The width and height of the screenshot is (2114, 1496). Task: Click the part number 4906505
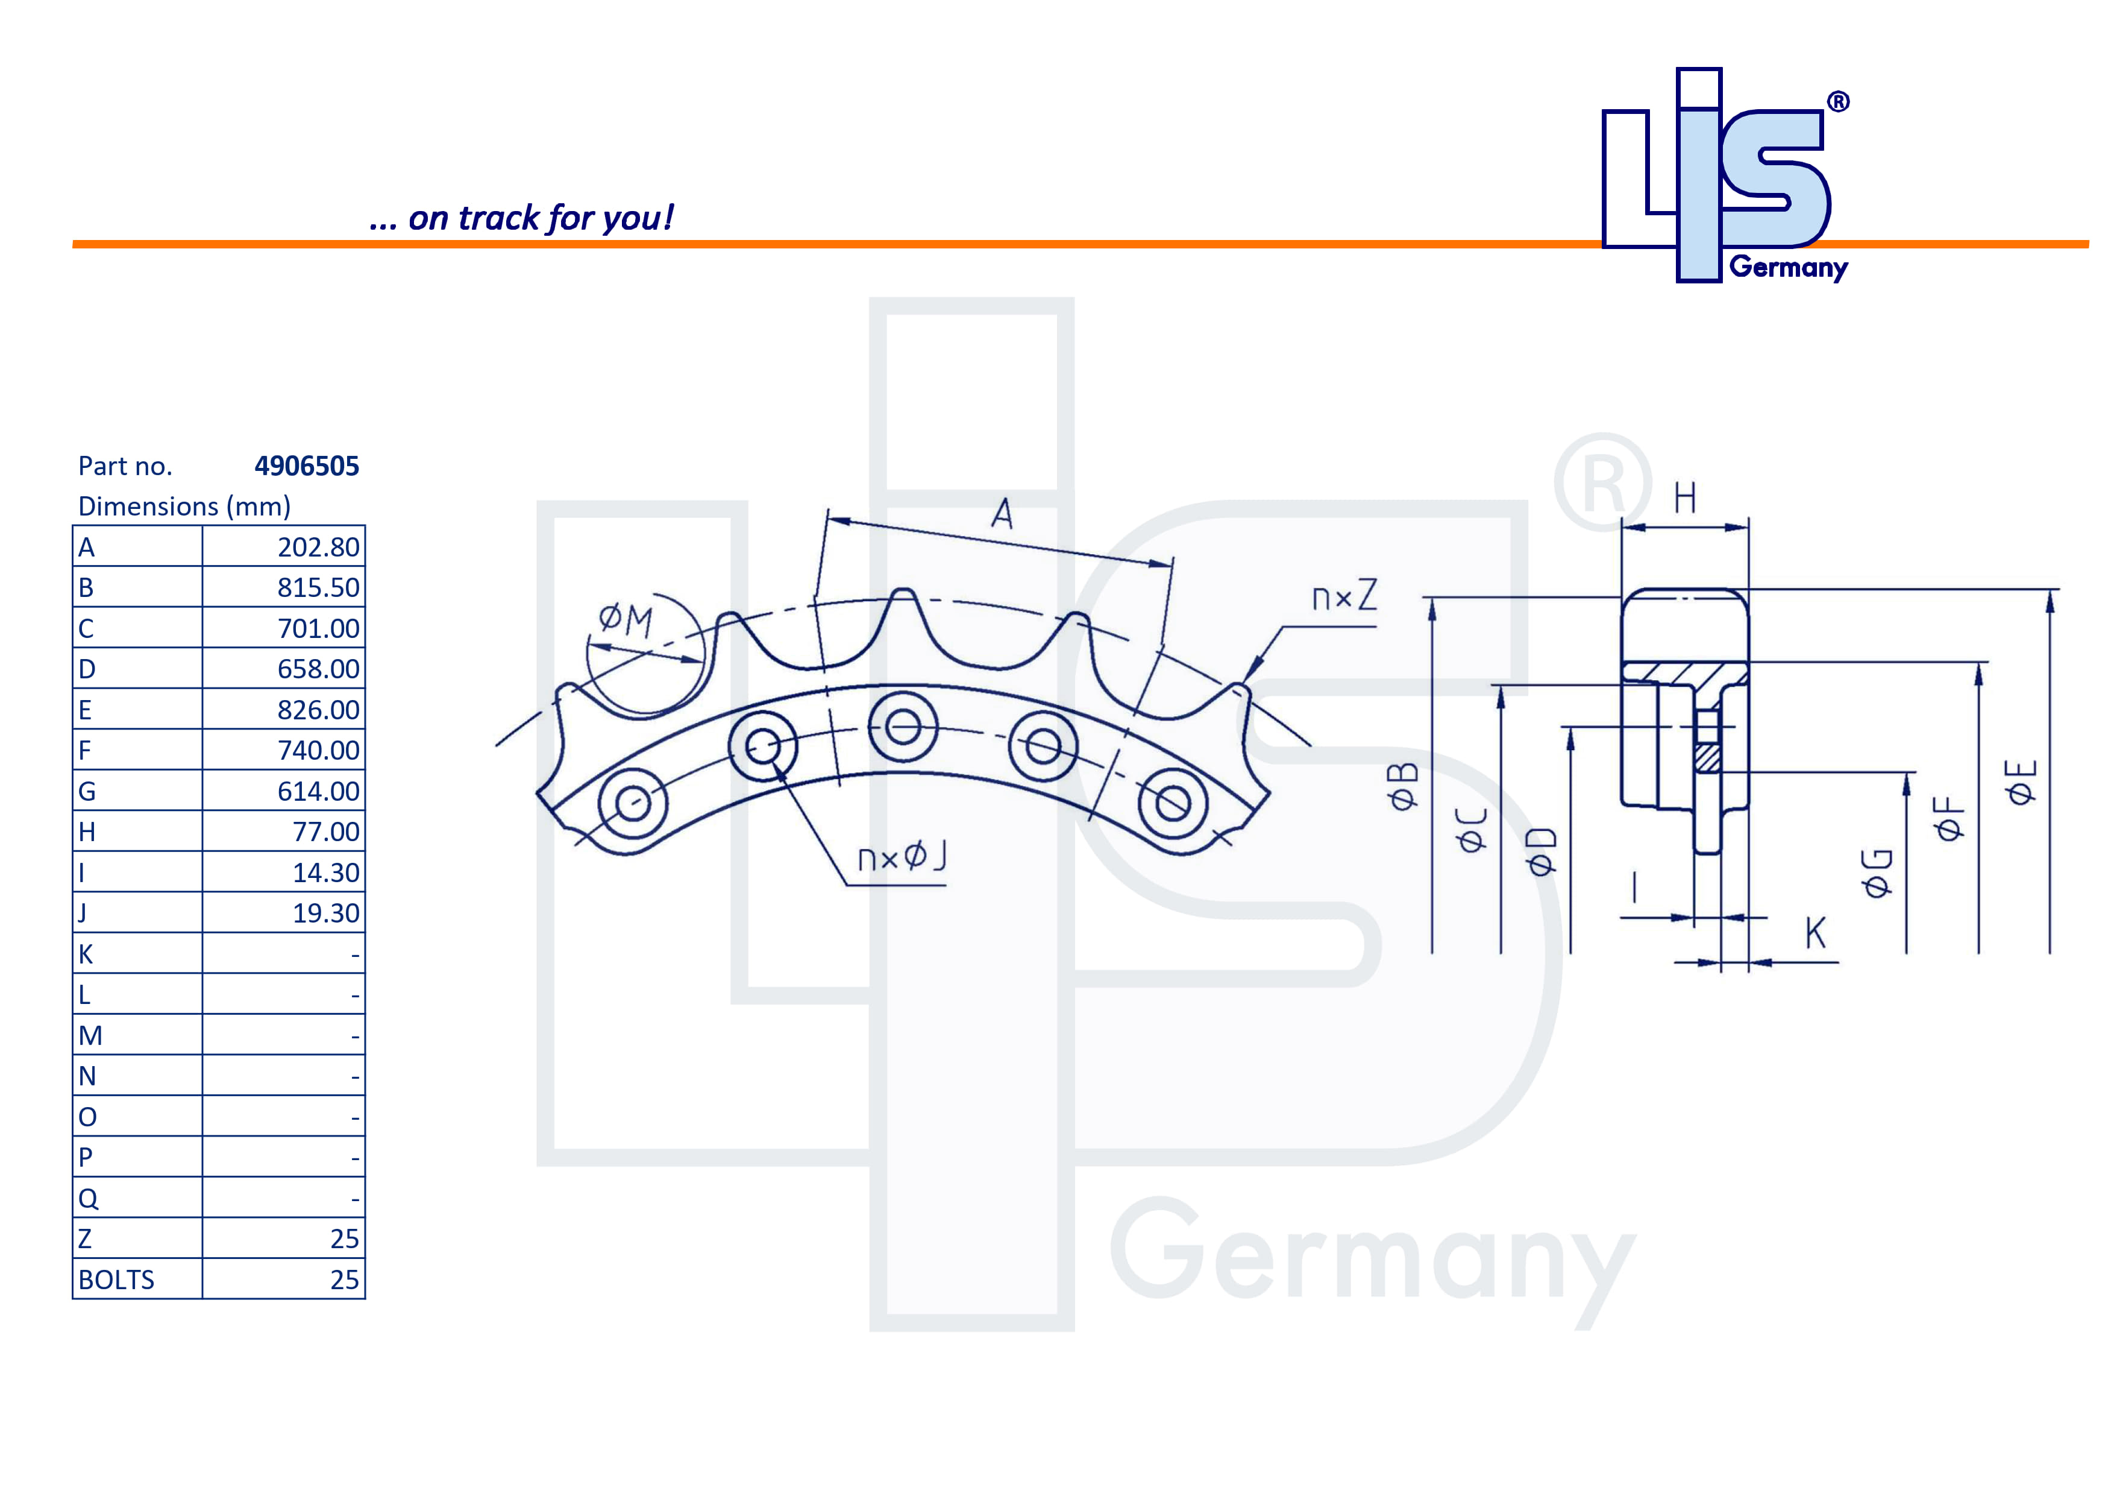pyautogui.click(x=307, y=466)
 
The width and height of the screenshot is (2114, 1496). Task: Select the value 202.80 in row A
pyautogui.click(x=318, y=547)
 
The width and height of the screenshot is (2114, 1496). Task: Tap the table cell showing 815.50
pyautogui.click(x=318, y=588)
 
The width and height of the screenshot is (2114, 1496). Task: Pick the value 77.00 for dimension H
pyautogui.click(x=325, y=832)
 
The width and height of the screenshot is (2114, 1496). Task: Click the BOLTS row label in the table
pyautogui.click(x=116, y=1280)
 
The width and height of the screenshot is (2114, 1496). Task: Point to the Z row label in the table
pyautogui.click(x=85, y=1239)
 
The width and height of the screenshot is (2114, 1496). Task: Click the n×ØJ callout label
pyautogui.click(x=902, y=857)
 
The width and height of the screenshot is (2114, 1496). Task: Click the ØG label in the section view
pyautogui.click(x=1877, y=873)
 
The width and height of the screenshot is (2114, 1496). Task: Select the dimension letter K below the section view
pyautogui.click(x=1814, y=933)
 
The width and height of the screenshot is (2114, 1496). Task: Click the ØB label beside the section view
pyautogui.click(x=1403, y=786)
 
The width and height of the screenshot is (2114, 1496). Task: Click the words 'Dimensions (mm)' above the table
pyautogui.click(x=184, y=507)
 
